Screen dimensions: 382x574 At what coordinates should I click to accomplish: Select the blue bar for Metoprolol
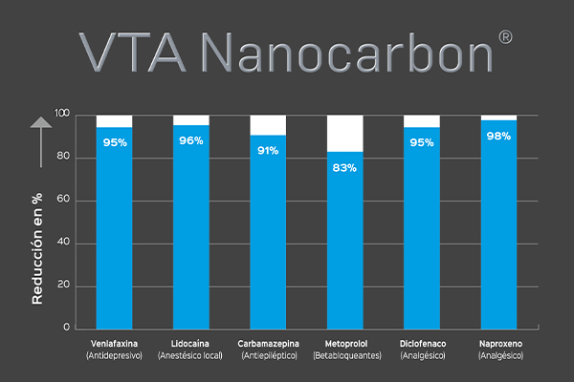click(345, 244)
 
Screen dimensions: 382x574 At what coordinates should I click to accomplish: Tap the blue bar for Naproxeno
click(498, 229)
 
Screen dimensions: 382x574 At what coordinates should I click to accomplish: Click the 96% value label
click(191, 141)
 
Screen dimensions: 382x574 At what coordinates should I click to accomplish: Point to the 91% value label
click(268, 150)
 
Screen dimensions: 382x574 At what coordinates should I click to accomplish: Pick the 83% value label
click(345, 167)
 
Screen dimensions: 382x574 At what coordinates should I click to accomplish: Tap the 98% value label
click(498, 137)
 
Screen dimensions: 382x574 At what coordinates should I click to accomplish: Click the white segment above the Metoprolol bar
click(345, 133)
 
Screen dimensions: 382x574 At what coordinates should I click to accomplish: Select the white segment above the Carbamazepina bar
click(268, 125)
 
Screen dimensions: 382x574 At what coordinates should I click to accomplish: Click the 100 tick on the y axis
click(62, 115)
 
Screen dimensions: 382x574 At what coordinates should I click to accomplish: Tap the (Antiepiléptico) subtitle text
click(268, 355)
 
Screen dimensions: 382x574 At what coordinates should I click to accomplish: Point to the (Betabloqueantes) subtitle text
click(345, 355)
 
